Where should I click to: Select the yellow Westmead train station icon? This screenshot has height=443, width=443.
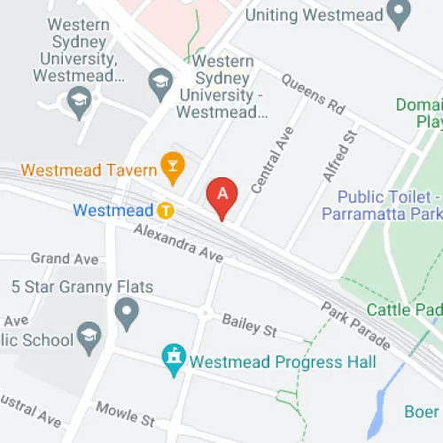tap(165, 211)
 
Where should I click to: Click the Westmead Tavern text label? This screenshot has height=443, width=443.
tap(89, 168)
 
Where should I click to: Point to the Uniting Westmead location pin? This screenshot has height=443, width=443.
tap(401, 13)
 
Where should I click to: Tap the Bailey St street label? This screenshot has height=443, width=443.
tap(249, 324)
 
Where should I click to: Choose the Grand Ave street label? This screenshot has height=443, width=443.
tap(65, 259)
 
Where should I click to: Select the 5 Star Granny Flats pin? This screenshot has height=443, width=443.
tap(128, 312)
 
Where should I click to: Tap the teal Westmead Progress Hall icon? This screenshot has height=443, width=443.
tap(173, 359)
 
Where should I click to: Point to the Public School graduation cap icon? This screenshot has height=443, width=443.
tap(89, 334)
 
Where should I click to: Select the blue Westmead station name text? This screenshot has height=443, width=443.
tap(113, 211)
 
